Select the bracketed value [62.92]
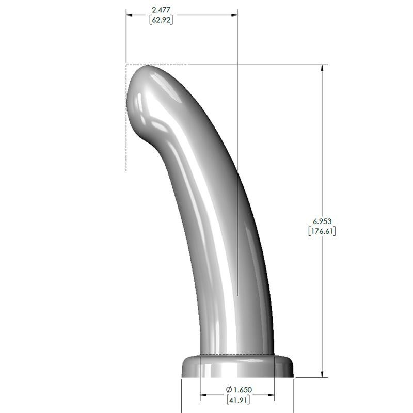(x=160, y=20)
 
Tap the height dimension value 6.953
(x=322, y=221)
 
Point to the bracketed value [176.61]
(x=322, y=231)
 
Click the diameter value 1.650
(x=242, y=389)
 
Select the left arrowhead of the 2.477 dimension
(x=130, y=15)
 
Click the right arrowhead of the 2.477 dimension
(x=234, y=15)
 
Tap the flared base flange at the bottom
(x=237, y=367)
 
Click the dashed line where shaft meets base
(x=237, y=355)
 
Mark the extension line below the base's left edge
(x=181, y=395)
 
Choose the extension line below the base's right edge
(x=294, y=395)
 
